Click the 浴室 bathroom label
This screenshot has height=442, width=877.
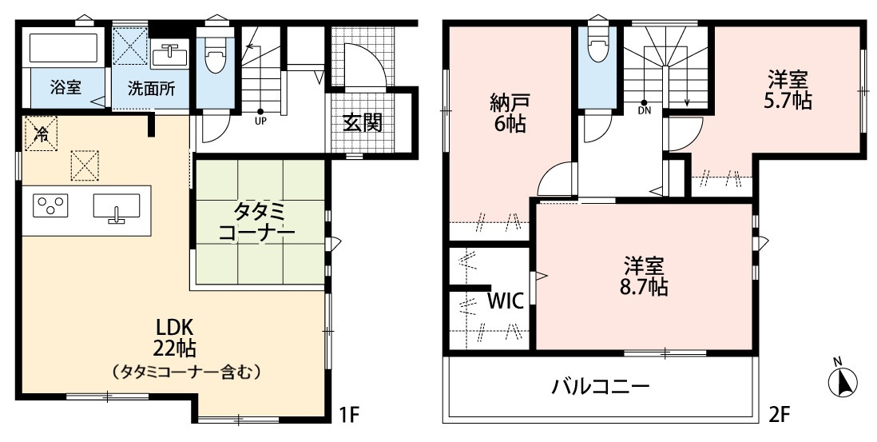click(x=65, y=88)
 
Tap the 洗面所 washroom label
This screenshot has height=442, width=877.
click(x=152, y=88)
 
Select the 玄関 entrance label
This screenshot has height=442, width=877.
click(x=363, y=123)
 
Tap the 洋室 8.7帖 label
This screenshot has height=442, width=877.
click(x=645, y=277)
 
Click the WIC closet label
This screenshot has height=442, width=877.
click(x=505, y=301)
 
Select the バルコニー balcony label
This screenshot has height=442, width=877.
click(x=601, y=388)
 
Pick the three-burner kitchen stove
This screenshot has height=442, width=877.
click(x=50, y=205)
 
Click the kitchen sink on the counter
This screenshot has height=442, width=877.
click(x=116, y=206)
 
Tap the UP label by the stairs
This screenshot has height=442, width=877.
click(x=260, y=121)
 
